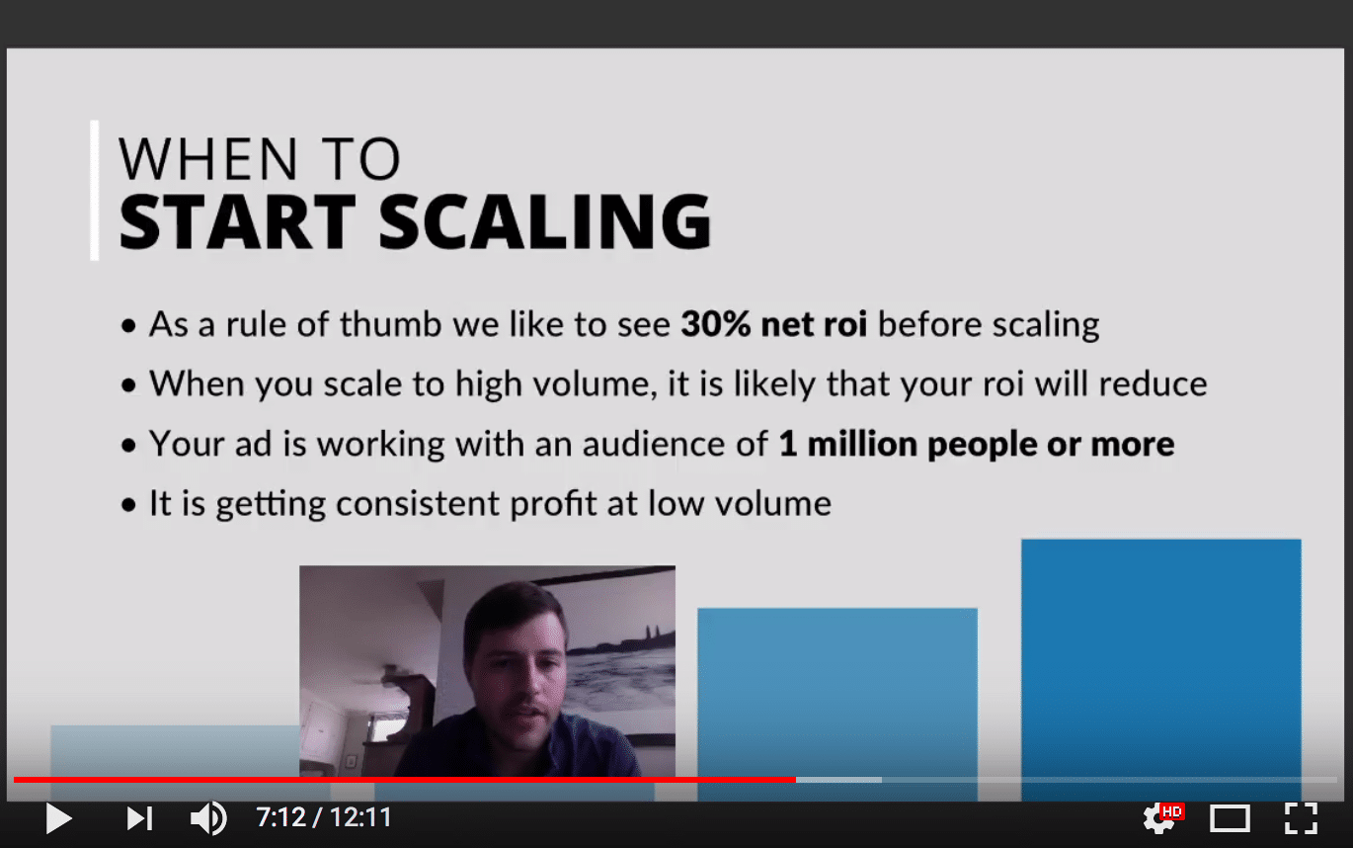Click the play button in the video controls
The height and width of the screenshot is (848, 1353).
point(58,818)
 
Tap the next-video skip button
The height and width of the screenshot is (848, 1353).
point(139,818)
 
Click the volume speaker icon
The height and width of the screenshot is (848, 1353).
point(207,818)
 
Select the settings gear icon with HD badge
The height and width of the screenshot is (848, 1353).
point(1160,817)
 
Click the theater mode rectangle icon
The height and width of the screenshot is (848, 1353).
point(1230,818)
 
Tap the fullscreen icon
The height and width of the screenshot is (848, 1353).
point(1301,818)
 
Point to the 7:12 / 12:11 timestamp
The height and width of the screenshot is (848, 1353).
point(324,818)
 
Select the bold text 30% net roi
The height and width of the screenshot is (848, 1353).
point(773,325)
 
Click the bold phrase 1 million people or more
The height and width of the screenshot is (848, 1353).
point(976,444)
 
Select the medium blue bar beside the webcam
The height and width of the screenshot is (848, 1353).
point(836,692)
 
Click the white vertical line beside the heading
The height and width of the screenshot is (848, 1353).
point(95,190)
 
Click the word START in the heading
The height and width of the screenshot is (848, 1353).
point(236,222)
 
